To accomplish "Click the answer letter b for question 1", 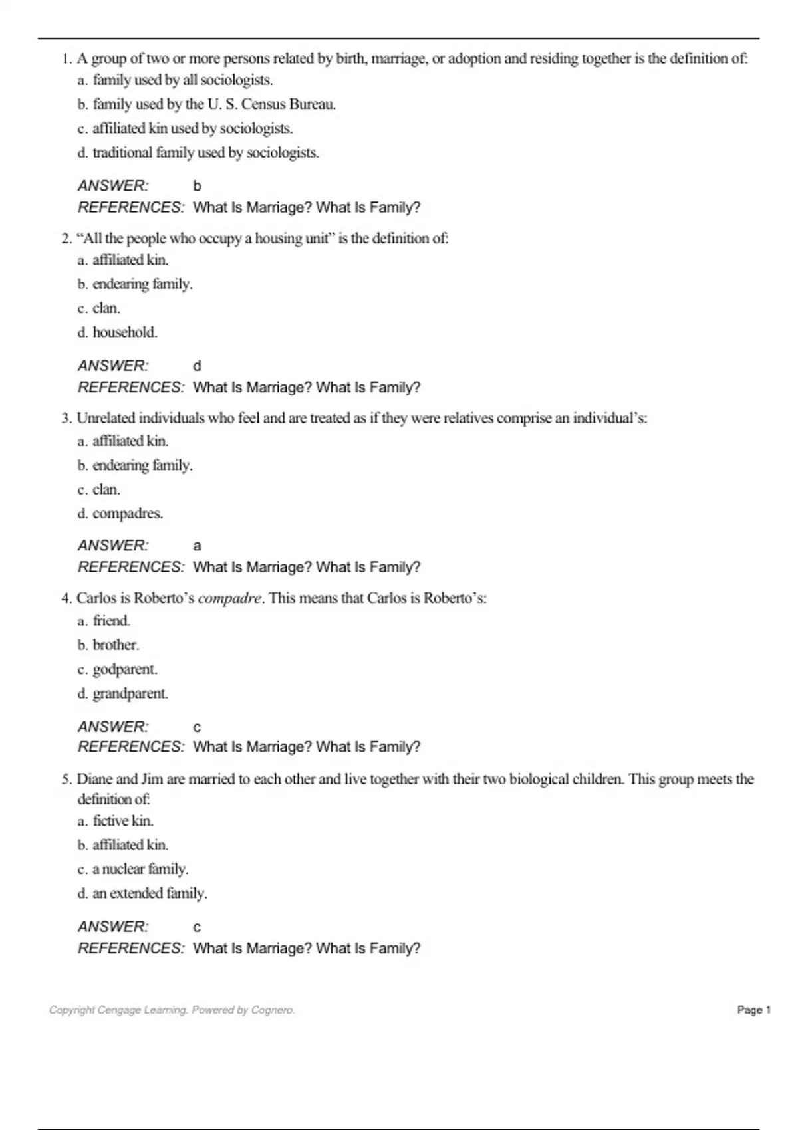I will (x=197, y=187).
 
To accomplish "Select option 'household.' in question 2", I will (x=124, y=332).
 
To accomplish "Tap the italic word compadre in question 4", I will (x=229, y=598).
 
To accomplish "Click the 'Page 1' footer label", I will (x=753, y=1010).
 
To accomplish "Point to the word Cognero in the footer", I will (x=273, y=1010).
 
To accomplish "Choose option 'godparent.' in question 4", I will (x=124, y=669).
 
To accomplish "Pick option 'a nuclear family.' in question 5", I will (x=140, y=869).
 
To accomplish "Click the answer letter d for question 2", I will (x=197, y=366).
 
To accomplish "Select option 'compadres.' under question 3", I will (x=127, y=514).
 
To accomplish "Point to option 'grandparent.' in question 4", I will (x=130, y=693).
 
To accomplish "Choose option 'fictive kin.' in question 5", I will (x=123, y=821).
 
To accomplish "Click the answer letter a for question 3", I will (x=197, y=546).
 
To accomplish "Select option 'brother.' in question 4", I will (x=116, y=645).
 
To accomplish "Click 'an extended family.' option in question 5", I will (x=149, y=893).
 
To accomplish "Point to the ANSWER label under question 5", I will (x=113, y=927).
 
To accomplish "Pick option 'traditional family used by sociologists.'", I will (x=205, y=153).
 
